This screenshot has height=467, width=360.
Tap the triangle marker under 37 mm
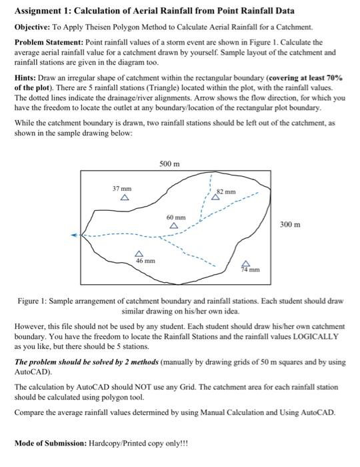click(123, 198)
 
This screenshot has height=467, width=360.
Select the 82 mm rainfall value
click(227, 191)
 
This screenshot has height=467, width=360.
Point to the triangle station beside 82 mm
click(215, 196)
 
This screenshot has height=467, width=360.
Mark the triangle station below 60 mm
click(173, 227)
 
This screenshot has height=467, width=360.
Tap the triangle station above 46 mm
click(139, 253)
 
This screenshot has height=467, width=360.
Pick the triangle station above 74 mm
click(245, 263)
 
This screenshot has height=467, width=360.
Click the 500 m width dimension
click(170, 163)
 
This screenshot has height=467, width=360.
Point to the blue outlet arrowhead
click(75, 235)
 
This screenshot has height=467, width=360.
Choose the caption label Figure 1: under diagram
click(32, 302)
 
